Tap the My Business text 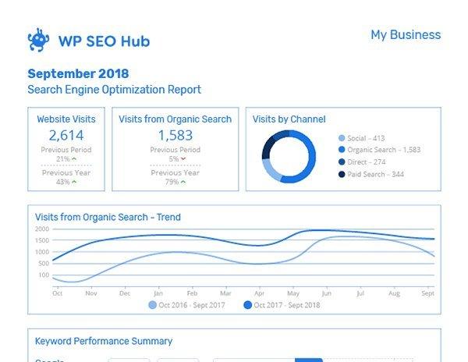[405, 35]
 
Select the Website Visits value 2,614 [66, 136]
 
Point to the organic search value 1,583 [175, 136]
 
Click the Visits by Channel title [289, 119]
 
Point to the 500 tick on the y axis [44, 263]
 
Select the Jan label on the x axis [158, 293]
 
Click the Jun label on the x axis [326, 293]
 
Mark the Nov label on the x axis [90, 293]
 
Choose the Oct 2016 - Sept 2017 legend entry [187, 305]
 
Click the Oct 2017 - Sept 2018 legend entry [282, 305]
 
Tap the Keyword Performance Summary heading [104, 341]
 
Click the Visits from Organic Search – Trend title [108, 217]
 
